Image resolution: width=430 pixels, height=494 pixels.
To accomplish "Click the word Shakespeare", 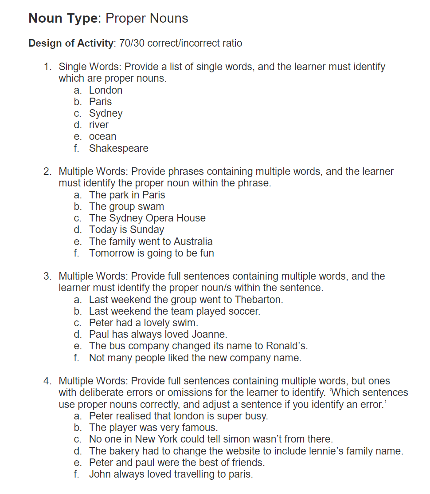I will [x=118, y=148].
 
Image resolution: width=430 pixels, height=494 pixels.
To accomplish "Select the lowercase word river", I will [x=98, y=125].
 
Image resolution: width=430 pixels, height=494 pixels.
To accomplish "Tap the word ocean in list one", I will [x=102, y=137].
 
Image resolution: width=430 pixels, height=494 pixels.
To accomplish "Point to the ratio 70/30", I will [x=132, y=43].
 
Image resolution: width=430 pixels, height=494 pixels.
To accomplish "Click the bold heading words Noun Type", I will [x=63, y=18].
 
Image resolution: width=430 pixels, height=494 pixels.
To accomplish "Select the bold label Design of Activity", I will [x=70, y=43].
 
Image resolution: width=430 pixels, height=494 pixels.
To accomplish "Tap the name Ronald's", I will [x=286, y=346].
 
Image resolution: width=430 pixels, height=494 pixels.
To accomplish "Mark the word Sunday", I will [x=147, y=230].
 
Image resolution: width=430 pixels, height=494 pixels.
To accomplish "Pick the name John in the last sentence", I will [x=100, y=474].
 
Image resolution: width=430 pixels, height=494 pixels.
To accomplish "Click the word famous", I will [x=200, y=428].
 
